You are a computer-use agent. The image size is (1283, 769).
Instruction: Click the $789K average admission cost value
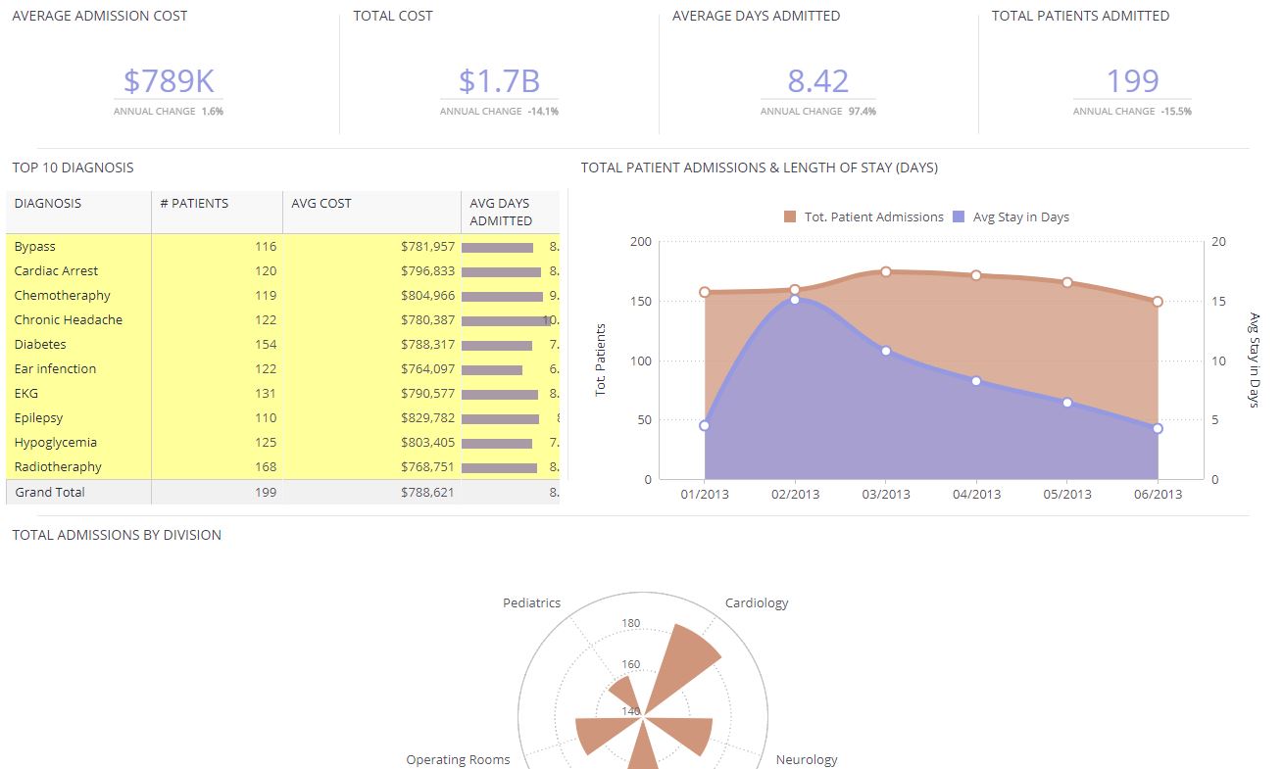point(169,80)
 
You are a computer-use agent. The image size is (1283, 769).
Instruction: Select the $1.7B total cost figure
point(499,80)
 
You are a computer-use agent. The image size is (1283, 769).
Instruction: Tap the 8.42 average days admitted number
point(817,80)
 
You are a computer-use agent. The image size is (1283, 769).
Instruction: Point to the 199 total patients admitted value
point(1132,80)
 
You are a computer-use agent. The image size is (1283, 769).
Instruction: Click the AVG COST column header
point(321,204)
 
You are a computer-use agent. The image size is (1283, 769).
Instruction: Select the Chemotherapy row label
point(62,296)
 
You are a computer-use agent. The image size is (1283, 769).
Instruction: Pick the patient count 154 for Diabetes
point(264,345)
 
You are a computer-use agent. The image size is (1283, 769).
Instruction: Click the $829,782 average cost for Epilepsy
point(427,418)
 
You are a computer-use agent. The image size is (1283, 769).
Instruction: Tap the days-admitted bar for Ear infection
point(492,369)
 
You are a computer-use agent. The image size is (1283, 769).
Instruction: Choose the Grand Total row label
point(49,493)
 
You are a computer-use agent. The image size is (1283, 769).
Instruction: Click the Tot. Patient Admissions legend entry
point(864,217)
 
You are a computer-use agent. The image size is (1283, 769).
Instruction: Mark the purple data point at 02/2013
point(795,299)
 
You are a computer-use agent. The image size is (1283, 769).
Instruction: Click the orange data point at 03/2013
point(885,271)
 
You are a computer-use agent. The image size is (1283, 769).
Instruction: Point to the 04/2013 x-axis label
point(976,495)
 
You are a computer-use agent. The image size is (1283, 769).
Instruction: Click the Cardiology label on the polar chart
point(756,603)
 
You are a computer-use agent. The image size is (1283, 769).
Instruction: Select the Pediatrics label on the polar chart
point(531,603)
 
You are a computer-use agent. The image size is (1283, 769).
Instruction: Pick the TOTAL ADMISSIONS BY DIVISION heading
point(117,535)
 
